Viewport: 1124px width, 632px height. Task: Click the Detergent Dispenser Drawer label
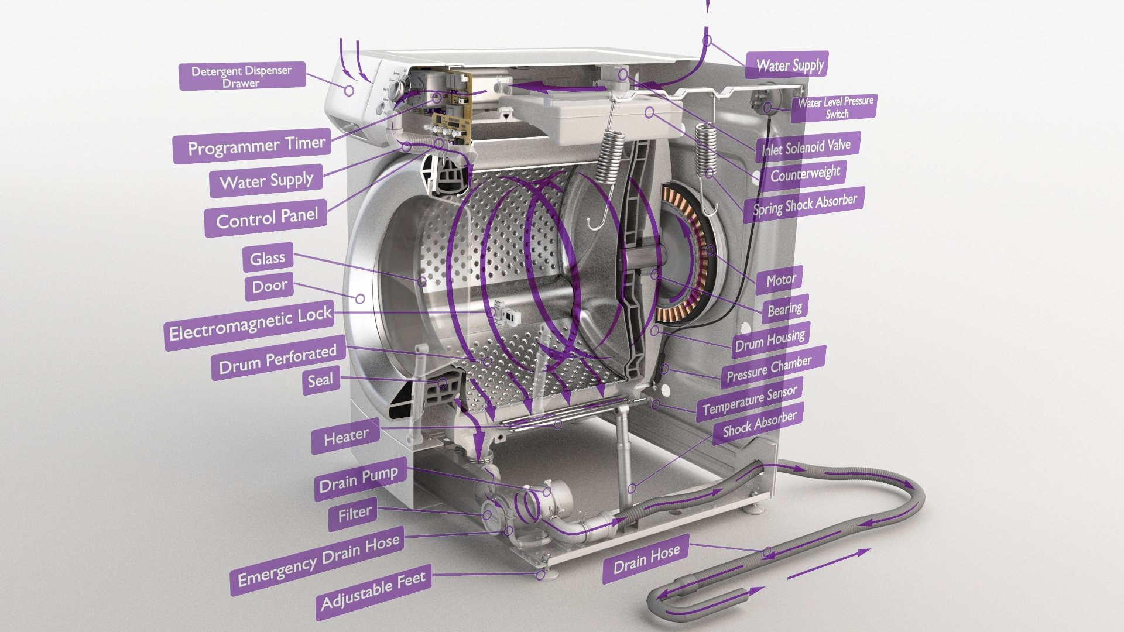[241, 76]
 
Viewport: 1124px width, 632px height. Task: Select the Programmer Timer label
[256, 146]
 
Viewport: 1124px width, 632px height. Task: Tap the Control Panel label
[267, 218]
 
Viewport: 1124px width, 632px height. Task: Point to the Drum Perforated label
[277, 359]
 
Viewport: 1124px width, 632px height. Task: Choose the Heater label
[346, 437]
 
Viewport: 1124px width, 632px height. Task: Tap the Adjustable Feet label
[373, 592]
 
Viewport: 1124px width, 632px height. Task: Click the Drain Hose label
[646, 558]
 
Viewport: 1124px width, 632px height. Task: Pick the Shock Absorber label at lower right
[759, 424]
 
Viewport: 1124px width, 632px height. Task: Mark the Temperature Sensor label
[749, 400]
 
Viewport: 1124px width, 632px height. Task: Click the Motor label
[781, 280]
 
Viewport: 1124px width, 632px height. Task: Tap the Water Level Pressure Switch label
[835, 108]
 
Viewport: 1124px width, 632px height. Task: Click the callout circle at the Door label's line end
[360, 299]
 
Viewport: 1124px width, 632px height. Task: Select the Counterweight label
[805, 174]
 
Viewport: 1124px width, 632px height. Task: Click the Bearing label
[784, 309]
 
